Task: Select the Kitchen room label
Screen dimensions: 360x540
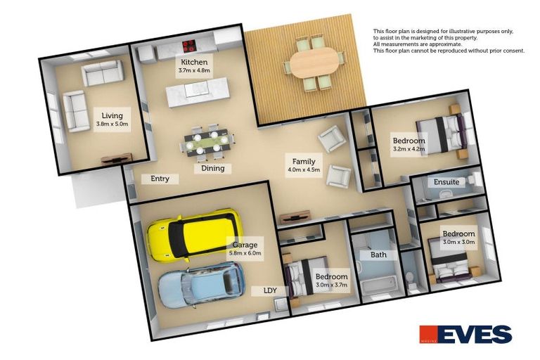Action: point(193,62)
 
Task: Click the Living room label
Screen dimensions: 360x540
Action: point(112,115)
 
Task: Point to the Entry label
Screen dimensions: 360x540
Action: point(160,179)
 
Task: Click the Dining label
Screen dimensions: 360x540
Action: point(213,168)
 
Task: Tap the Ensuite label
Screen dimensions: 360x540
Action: point(446,182)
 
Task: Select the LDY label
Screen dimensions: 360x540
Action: point(270,290)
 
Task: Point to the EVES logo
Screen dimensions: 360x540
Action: point(465,334)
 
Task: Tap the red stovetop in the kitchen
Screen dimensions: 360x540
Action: point(189,47)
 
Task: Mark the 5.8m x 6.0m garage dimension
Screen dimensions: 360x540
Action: point(245,253)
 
